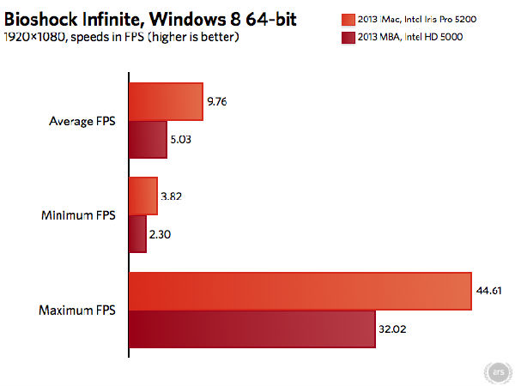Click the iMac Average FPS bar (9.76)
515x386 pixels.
pos(166,101)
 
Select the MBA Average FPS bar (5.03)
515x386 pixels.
pos(148,139)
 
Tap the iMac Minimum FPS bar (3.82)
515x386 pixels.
pos(142,196)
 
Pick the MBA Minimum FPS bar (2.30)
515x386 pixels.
pos(137,233)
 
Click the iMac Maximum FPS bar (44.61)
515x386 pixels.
pos(300,291)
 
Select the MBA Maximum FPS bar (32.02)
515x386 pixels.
pos(251,329)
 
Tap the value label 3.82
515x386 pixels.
pos(172,196)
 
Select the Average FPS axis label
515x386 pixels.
pos(84,120)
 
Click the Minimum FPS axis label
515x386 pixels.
pos(83,214)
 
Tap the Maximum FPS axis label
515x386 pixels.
pos(82,310)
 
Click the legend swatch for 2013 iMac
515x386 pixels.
pos(347,19)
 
